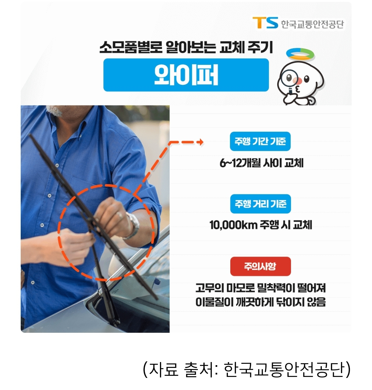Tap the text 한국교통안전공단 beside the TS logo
point(312,24)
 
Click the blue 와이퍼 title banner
point(186,75)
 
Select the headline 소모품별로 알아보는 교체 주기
point(186,48)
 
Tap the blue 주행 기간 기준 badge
point(260,141)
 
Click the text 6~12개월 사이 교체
point(261,163)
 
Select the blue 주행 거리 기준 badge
point(260,204)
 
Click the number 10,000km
point(233,225)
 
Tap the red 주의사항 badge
point(260,267)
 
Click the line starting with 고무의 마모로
point(260,288)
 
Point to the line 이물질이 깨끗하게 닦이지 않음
point(260,302)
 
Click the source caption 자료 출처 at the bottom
point(247,369)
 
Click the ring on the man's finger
point(119,216)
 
